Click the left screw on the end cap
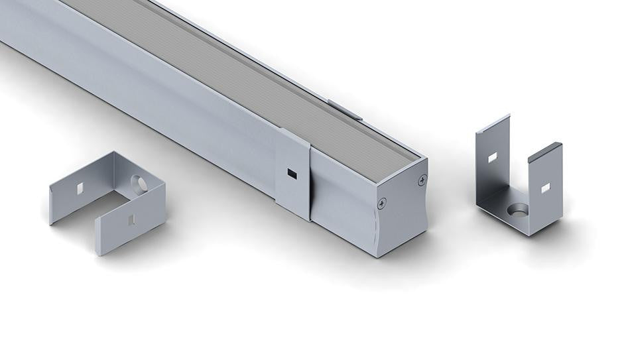pyautogui.click(x=381, y=204)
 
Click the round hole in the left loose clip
pyautogui.click(x=139, y=184)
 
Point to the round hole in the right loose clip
pyautogui.click(x=517, y=210)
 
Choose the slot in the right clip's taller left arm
pyautogui.click(x=492, y=158)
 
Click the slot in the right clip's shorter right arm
pyautogui.click(x=545, y=188)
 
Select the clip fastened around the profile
pyautogui.click(x=292, y=174)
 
